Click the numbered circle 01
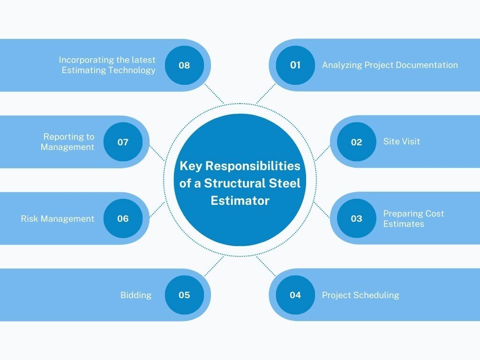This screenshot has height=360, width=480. tap(295, 65)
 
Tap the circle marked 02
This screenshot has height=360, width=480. tap(357, 142)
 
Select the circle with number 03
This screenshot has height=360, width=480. tap(357, 218)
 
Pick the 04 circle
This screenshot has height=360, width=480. tap(295, 295)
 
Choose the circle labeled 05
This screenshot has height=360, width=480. tap(184, 295)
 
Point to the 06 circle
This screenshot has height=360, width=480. tap(123, 218)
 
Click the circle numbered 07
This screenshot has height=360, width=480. tap(123, 142)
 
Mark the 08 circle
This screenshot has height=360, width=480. tap(184, 65)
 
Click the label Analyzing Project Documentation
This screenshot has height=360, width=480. tap(390, 65)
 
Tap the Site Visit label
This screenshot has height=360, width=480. tap(401, 141)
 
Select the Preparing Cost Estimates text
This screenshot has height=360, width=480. tap(413, 218)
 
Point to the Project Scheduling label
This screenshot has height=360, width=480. tap(360, 295)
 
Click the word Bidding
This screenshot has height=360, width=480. tap(136, 295)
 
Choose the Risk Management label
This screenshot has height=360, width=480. tap(58, 218)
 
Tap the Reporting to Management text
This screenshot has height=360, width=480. tap(68, 142)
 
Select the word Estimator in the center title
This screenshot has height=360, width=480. tap(240, 201)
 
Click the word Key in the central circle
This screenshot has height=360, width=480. tap(190, 166)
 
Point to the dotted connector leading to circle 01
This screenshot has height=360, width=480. tap(266, 94)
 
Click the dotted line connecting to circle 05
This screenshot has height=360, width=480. tap(214, 266)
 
